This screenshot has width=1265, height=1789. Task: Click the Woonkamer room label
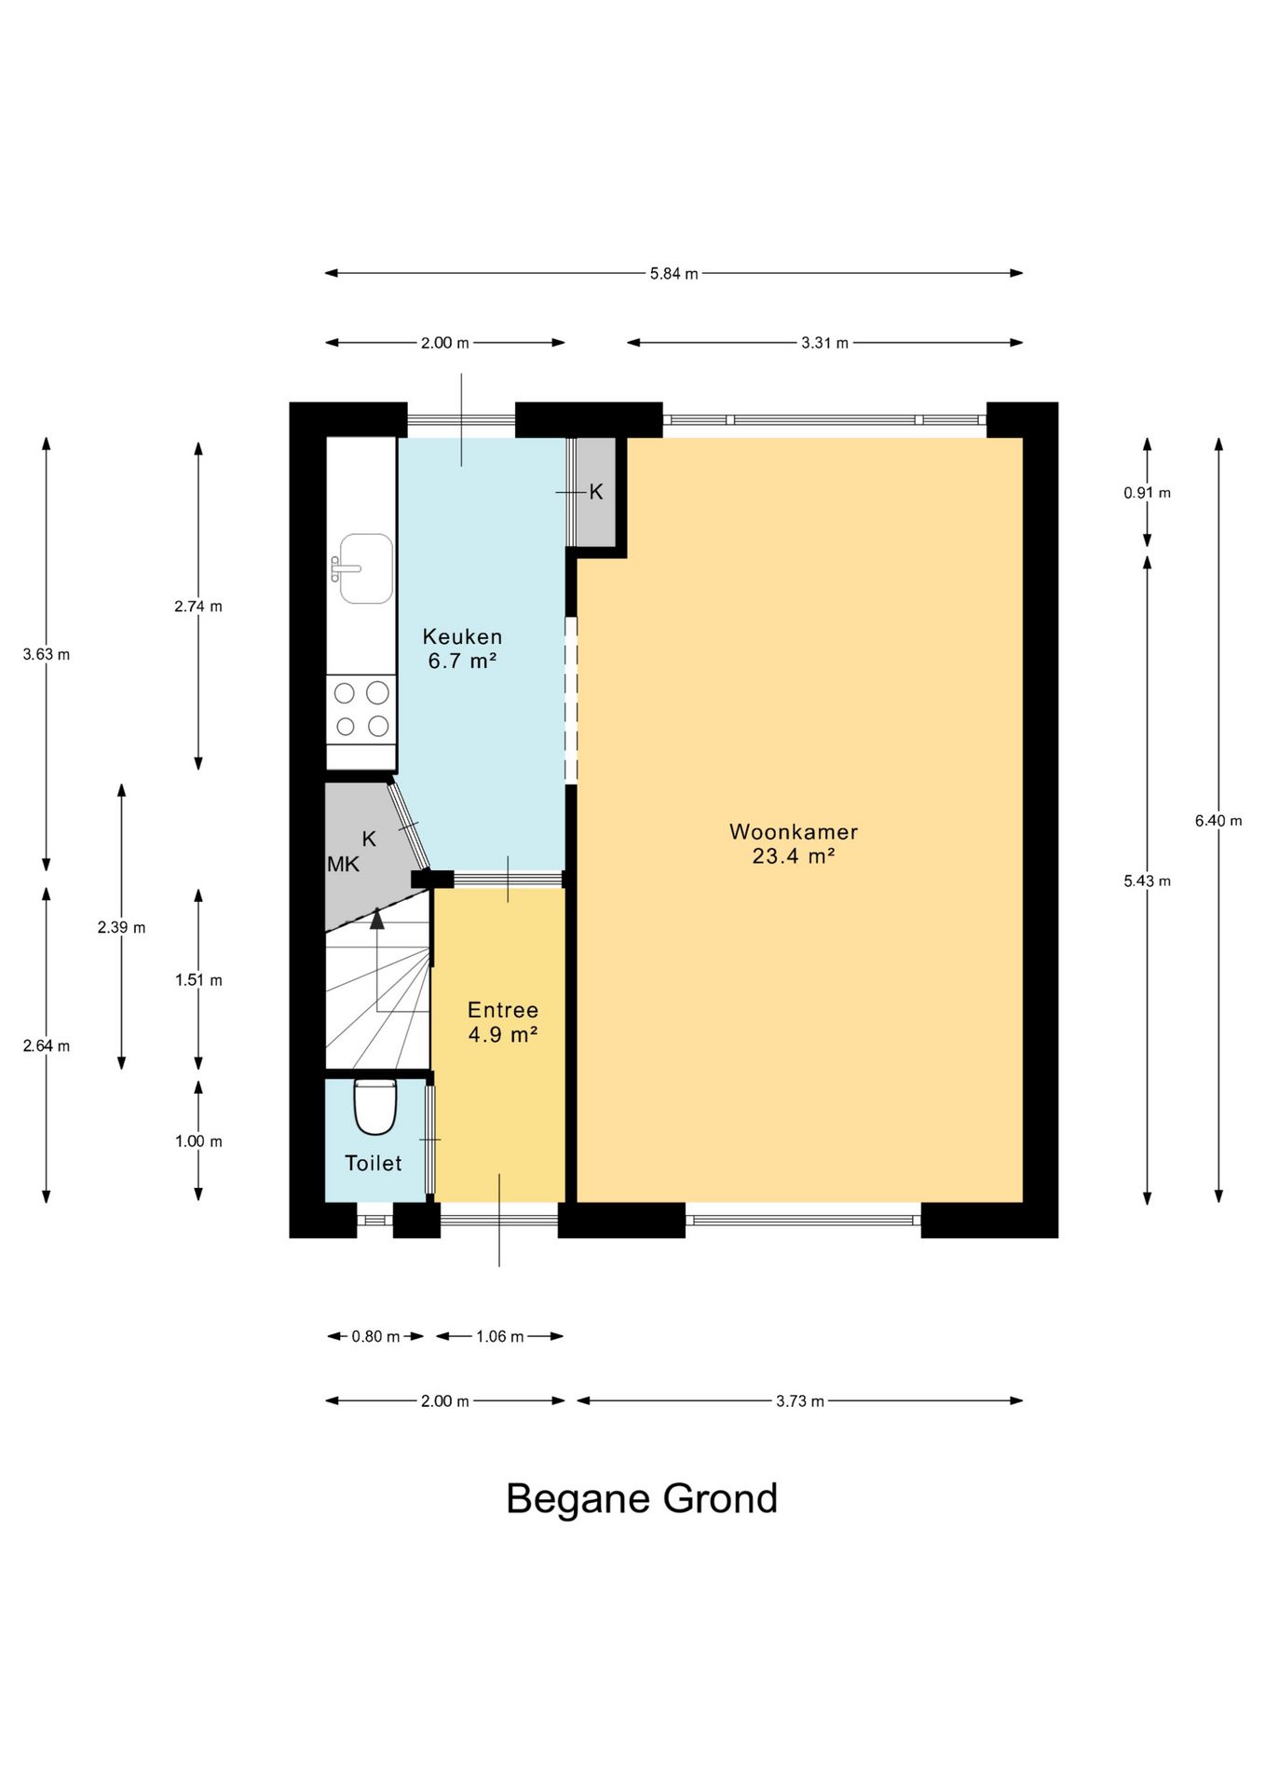[x=793, y=831]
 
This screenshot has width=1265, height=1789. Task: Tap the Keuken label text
[x=462, y=637]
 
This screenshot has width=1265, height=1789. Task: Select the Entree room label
[x=503, y=1010]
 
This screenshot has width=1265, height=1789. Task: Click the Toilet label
[x=374, y=1163]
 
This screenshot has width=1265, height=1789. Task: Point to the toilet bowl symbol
[x=375, y=1106]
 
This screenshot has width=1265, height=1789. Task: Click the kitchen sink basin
[x=365, y=568]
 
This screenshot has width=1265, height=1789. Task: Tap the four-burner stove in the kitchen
[x=361, y=710]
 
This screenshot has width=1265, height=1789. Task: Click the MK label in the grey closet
[x=343, y=865]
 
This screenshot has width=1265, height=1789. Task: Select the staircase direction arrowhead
[x=376, y=919]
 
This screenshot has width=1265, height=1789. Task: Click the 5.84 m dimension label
[x=673, y=274]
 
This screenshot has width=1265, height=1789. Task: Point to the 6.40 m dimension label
[x=1218, y=821]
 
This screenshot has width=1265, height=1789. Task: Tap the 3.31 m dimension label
[x=825, y=343]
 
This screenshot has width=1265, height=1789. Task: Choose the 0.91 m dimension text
[x=1147, y=493]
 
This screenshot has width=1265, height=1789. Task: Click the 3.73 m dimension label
[x=800, y=1401]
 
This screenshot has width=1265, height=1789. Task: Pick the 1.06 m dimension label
[x=500, y=1337]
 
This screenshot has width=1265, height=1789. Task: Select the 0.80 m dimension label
[x=375, y=1337]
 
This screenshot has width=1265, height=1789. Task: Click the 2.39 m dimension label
[x=121, y=928]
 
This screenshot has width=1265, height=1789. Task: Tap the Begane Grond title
[x=642, y=1498]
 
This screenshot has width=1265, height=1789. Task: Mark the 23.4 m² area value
[x=793, y=855]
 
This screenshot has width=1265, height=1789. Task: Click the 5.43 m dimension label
[x=1147, y=881]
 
